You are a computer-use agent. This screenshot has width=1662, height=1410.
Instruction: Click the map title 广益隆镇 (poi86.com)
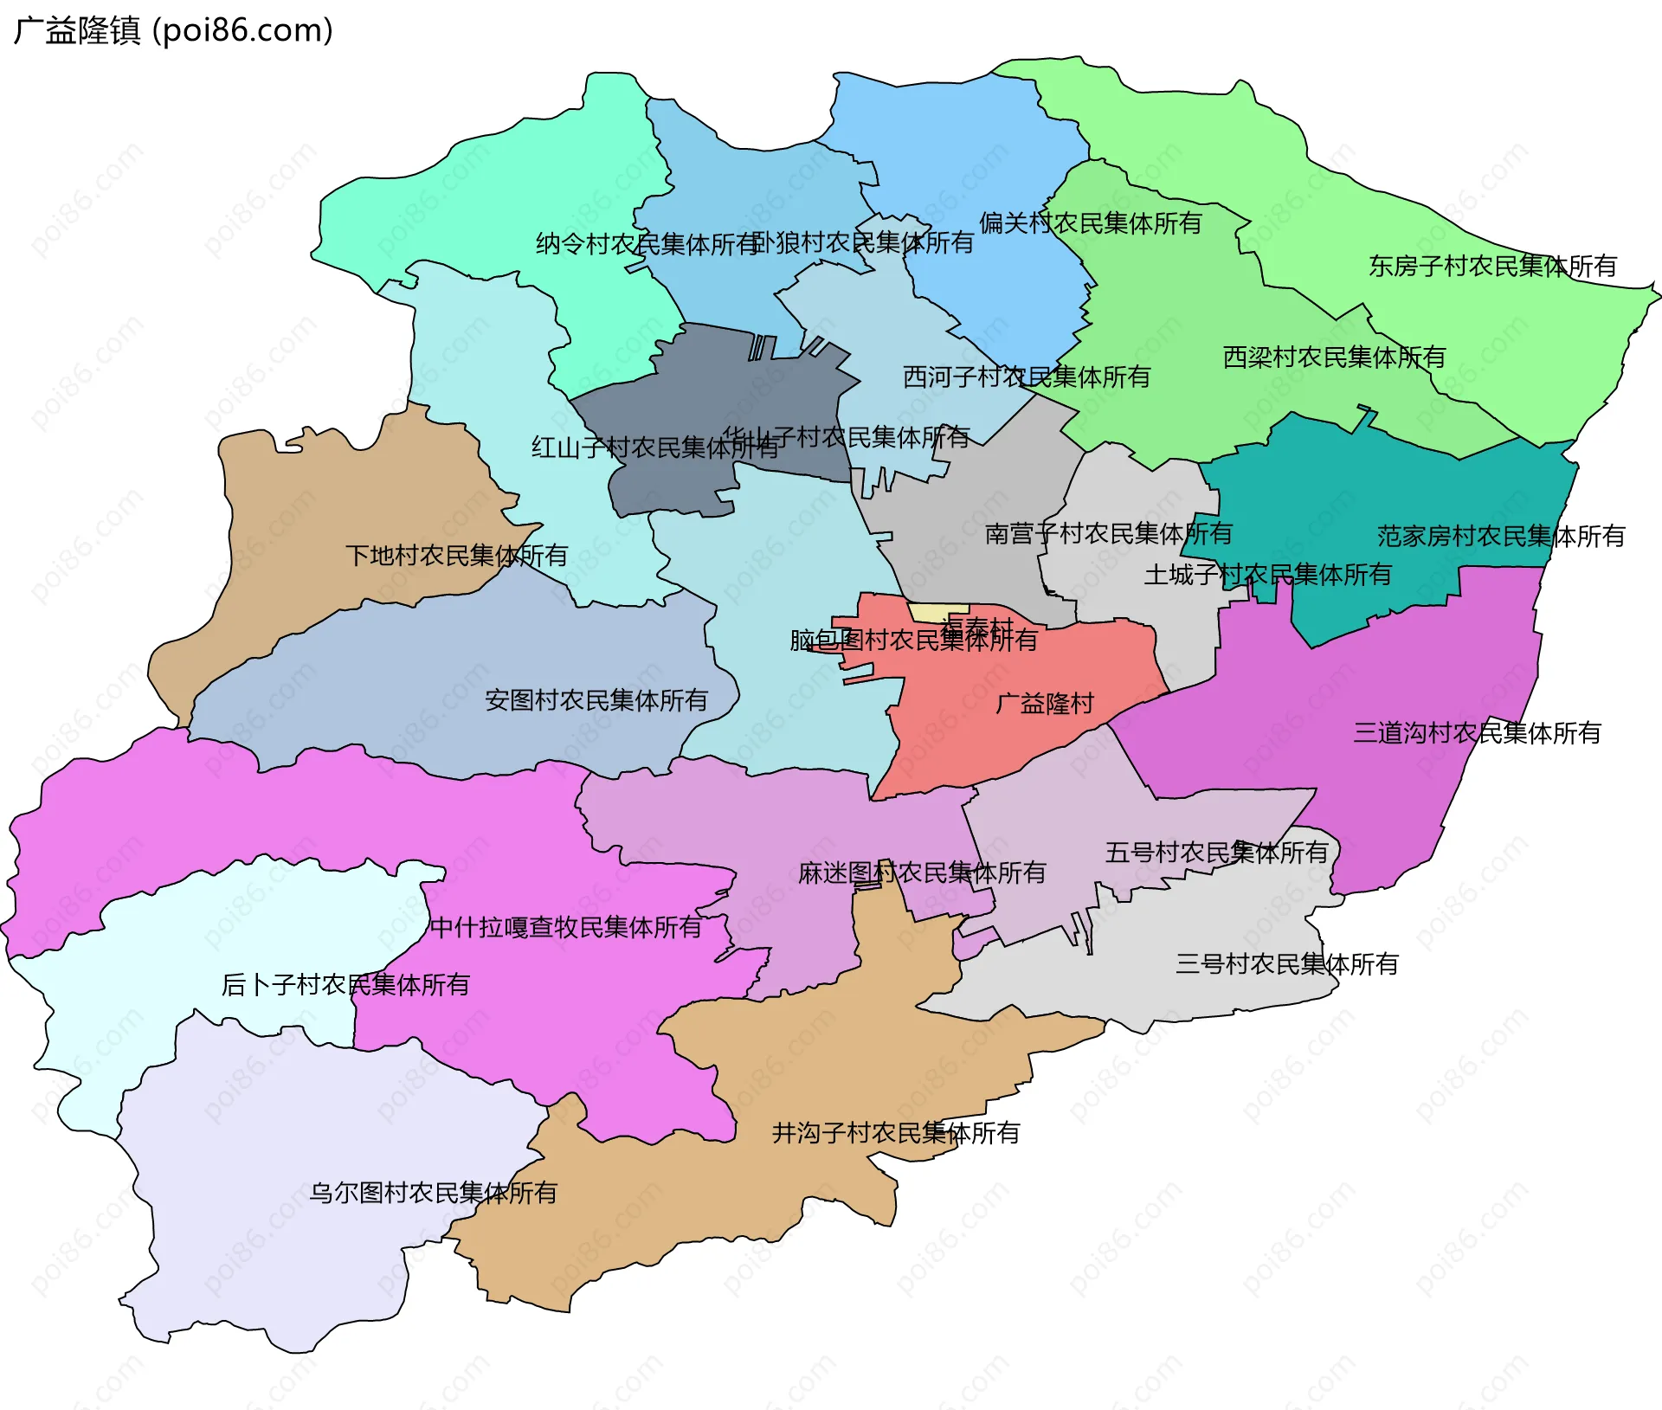[173, 31]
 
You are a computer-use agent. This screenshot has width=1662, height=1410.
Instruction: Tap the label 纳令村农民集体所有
[647, 244]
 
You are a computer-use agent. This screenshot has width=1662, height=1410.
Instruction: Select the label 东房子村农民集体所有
[1492, 266]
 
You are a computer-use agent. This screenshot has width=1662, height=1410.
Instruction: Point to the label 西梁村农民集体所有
[1334, 357]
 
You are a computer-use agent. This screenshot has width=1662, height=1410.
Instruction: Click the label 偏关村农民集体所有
[1091, 223]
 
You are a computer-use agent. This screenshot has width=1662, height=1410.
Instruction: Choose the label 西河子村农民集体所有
[1027, 377]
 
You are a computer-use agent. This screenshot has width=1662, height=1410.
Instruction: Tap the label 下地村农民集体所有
[456, 555]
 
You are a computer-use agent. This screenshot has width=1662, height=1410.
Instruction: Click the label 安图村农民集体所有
[596, 699]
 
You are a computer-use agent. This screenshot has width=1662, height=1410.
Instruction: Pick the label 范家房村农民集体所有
[1501, 536]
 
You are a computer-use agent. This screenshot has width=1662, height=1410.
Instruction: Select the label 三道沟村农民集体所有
[1477, 733]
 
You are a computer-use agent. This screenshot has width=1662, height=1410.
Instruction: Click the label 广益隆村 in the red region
[1045, 703]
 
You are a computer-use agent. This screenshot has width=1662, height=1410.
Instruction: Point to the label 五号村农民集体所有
[1216, 852]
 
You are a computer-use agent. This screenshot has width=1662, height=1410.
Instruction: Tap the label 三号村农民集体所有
[1286, 963]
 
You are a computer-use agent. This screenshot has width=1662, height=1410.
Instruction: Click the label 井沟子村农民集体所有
[896, 1132]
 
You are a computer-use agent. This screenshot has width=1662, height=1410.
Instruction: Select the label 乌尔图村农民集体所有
[433, 1193]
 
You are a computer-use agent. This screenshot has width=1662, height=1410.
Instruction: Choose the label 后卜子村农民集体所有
[345, 984]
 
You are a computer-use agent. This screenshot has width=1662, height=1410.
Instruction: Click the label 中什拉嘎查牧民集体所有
[566, 927]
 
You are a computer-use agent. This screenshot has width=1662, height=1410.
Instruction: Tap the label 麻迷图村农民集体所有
[922, 872]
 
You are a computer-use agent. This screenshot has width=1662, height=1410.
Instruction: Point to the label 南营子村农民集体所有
[1108, 533]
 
